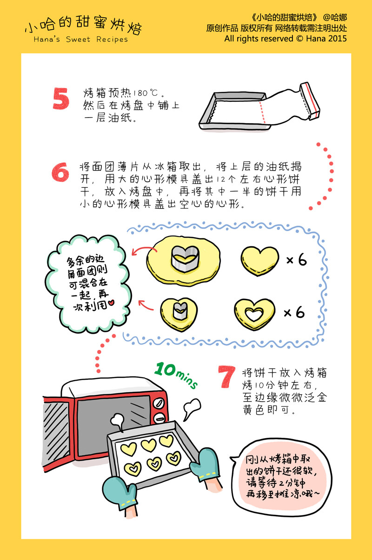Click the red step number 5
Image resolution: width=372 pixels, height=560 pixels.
(x=61, y=99)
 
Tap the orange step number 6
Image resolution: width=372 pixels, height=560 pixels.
(x=60, y=171)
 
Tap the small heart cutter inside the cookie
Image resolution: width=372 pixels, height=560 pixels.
(x=179, y=311)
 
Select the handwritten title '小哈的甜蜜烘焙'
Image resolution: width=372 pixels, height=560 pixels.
(x=83, y=26)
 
